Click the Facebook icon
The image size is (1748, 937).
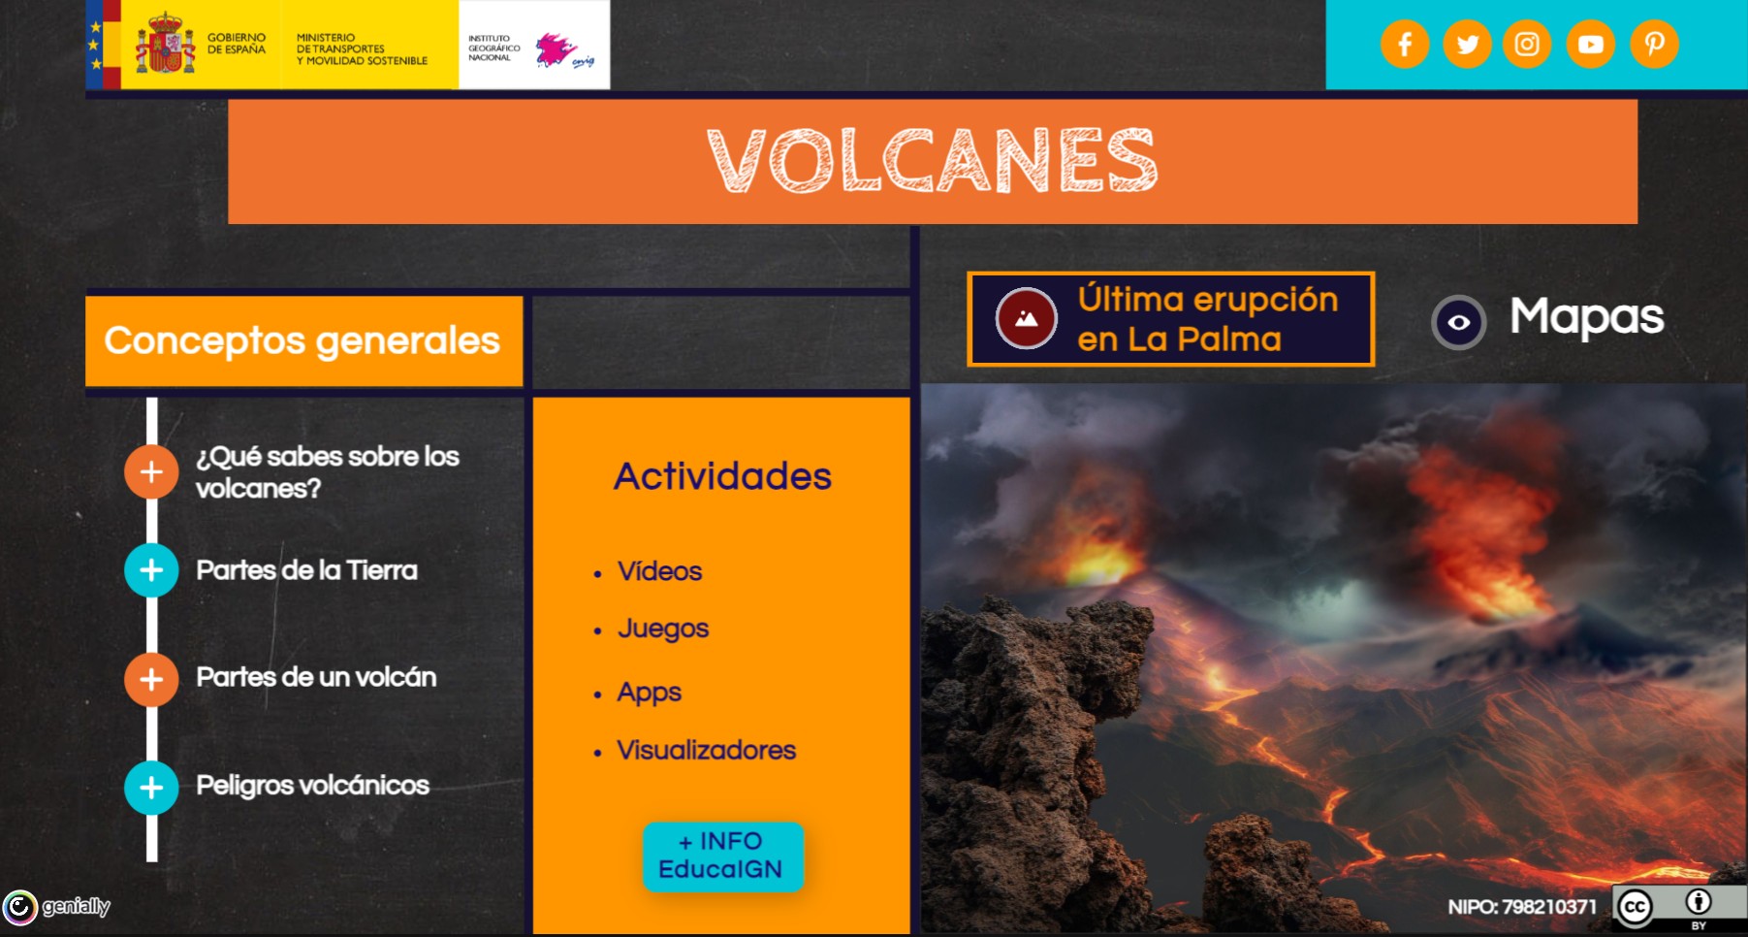(1405, 45)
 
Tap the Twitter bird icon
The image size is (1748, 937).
(1467, 45)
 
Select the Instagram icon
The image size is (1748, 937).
(1527, 45)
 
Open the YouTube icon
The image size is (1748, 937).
(1590, 45)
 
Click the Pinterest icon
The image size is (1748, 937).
(1654, 45)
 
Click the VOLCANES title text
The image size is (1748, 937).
(932, 161)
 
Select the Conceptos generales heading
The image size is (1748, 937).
(302, 340)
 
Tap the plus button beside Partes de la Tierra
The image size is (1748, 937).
(151, 570)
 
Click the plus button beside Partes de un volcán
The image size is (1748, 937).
(151, 679)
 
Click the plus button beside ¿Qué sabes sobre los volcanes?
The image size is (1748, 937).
(151, 472)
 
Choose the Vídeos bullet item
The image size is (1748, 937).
(659, 571)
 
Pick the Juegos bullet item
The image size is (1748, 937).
(663, 629)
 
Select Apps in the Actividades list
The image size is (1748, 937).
(649, 693)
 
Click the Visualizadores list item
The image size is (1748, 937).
(706, 751)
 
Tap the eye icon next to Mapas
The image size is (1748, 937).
(1458, 322)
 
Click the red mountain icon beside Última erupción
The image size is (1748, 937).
(1026, 318)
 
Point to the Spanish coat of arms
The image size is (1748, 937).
(166, 45)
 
